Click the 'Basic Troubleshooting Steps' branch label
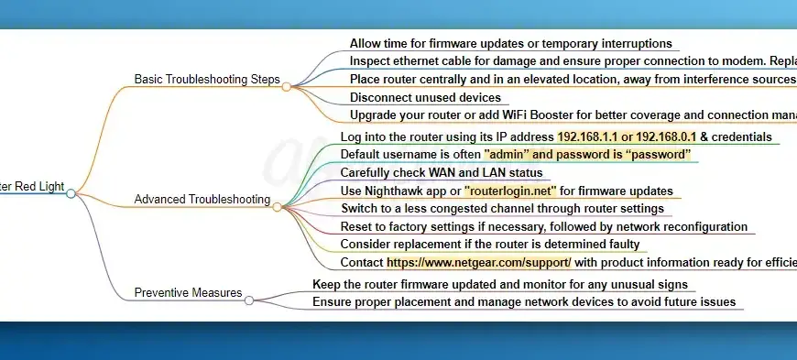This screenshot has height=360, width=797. pyautogui.click(x=206, y=79)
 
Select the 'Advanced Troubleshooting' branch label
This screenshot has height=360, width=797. pyautogui.click(x=202, y=199)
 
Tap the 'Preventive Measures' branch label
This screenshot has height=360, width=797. pyautogui.click(x=188, y=293)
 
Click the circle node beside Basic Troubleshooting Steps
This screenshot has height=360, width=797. pyautogui.click(x=287, y=86)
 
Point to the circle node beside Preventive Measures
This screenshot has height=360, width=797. pyautogui.click(x=249, y=300)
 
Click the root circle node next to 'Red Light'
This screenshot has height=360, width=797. pyautogui.click(x=71, y=193)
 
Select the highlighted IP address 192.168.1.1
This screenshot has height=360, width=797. pyautogui.click(x=589, y=136)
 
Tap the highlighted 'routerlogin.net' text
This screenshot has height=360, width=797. pyautogui.click(x=512, y=191)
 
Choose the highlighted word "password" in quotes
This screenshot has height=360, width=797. pyautogui.click(x=651, y=154)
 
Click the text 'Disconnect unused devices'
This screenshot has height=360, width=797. pyautogui.click(x=425, y=97)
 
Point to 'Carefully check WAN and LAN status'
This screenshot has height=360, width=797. pyautogui.click(x=442, y=172)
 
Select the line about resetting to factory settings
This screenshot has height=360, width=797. pyautogui.click(x=544, y=226)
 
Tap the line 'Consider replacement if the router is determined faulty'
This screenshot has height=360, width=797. pyautogui.click(x=489, y=245)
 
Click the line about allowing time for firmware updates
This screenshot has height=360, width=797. pyautogui.click(x=510, y=43)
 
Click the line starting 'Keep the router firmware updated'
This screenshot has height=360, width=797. pyautogui.click(x=499, y=284)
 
